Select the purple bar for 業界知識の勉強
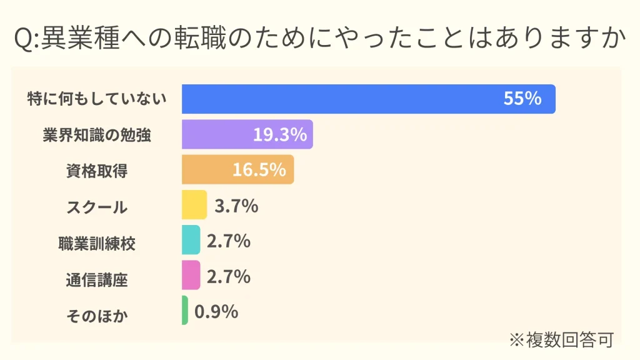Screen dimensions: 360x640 pyautogui.click(x=219, y=134)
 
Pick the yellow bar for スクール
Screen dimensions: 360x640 pyautogui.click(x=194, y=205)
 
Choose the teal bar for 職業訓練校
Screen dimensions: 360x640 pyautogui.click(x=191, y=240)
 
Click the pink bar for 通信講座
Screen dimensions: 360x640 pyautogui.click(x=191, y=276)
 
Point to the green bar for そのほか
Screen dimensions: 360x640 pyautogui.click(x=185, y=311)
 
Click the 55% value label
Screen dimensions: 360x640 pyautogui.click(x=522, y=99)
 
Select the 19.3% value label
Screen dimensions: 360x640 pyautogui.click(x=280, y=134)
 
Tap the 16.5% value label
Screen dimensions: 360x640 pyautogui.click(x=259, y=169)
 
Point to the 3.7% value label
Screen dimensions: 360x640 pyautogui.click(x=236, y=205)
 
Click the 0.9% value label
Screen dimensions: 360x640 pyautogui.click(x=216, y=311)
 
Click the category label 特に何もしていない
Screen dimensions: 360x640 pyautogui.click(x=97, y=99)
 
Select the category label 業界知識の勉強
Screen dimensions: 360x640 pyautogui.click(x=97, y=134)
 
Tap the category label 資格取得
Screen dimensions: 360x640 pyautogui.click(x=97, y=170)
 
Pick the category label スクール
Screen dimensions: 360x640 pyautogui.click(x=97, y=206)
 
